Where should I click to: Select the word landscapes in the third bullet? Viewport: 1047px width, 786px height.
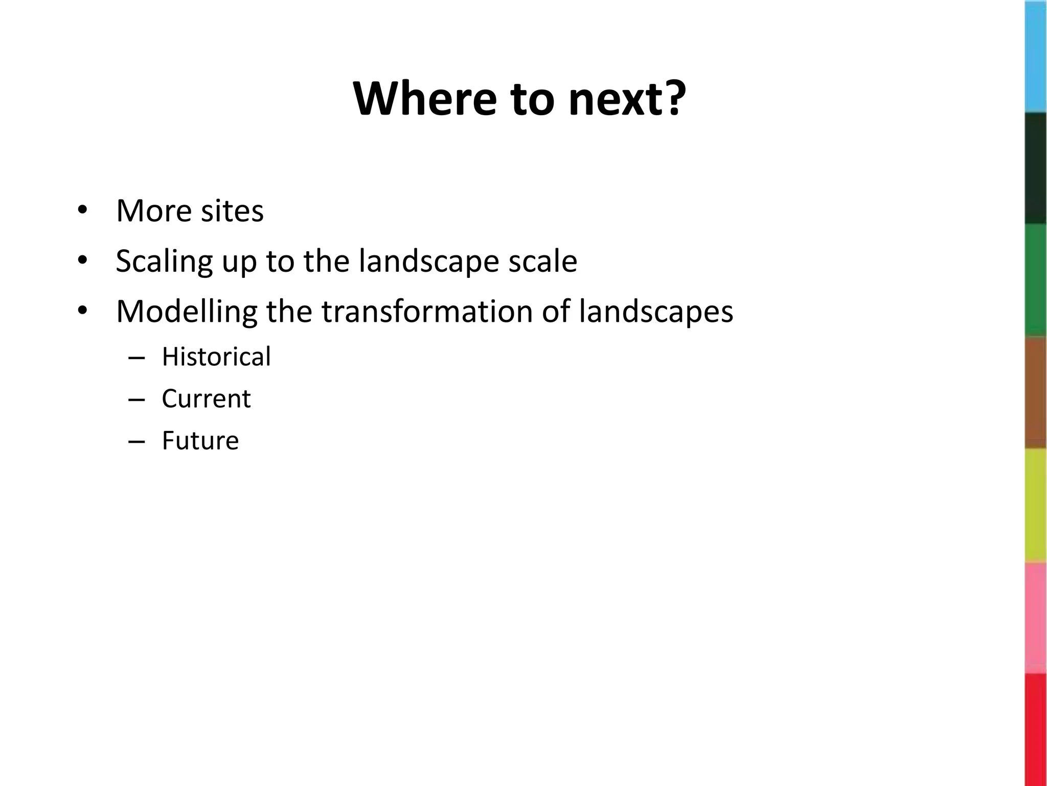tap(656, 311)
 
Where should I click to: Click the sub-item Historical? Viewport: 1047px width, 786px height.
tap(216, 357)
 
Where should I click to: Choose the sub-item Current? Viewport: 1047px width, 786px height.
tap(206, 399)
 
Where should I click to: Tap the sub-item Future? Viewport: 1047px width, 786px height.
tap(200, 441)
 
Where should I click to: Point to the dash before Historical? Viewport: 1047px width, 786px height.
tap(136, 358)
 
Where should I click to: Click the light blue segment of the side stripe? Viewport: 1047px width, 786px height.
tap(1036, 56)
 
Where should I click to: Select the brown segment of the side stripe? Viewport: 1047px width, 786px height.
tap(1036, 393)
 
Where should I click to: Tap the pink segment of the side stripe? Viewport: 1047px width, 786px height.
tap(1036, 618)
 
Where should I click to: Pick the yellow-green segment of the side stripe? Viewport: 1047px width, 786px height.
tap(1036, 506)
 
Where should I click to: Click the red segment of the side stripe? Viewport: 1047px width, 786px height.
tap(1036, 730)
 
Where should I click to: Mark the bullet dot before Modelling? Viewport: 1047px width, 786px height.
tap(82, 311)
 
